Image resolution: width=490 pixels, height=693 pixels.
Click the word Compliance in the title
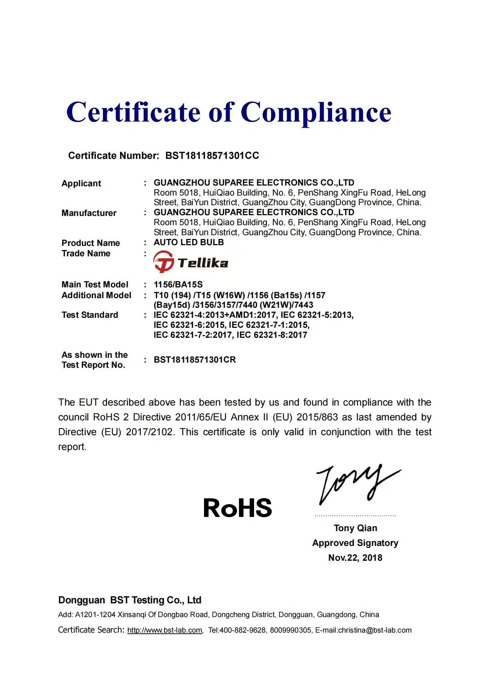(316, 112)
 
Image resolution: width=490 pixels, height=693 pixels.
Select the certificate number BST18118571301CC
(212, 156)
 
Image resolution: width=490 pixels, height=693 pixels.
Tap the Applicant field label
(81, 183)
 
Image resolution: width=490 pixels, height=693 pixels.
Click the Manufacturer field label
(89, 213)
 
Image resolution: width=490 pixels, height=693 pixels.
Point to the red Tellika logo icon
(163, 261)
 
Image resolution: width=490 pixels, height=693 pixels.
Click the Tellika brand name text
(203, 263)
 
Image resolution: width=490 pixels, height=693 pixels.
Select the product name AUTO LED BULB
(189, 242)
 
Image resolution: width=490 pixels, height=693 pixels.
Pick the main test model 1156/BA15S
(178, 284)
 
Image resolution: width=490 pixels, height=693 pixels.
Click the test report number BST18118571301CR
(194, 360)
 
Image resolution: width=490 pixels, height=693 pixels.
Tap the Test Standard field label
(90, 315)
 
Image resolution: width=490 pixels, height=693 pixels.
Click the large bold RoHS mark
(237, 508)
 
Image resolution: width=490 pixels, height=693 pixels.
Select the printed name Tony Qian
(355, 528)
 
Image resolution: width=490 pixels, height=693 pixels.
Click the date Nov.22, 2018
(355, 557)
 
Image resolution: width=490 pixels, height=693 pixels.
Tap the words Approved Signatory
(355, 543)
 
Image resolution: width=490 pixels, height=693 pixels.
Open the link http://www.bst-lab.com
(164, 630)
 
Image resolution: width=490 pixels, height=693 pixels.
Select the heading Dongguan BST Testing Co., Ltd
(130, 600)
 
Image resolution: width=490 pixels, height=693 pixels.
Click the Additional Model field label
(96, 295)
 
